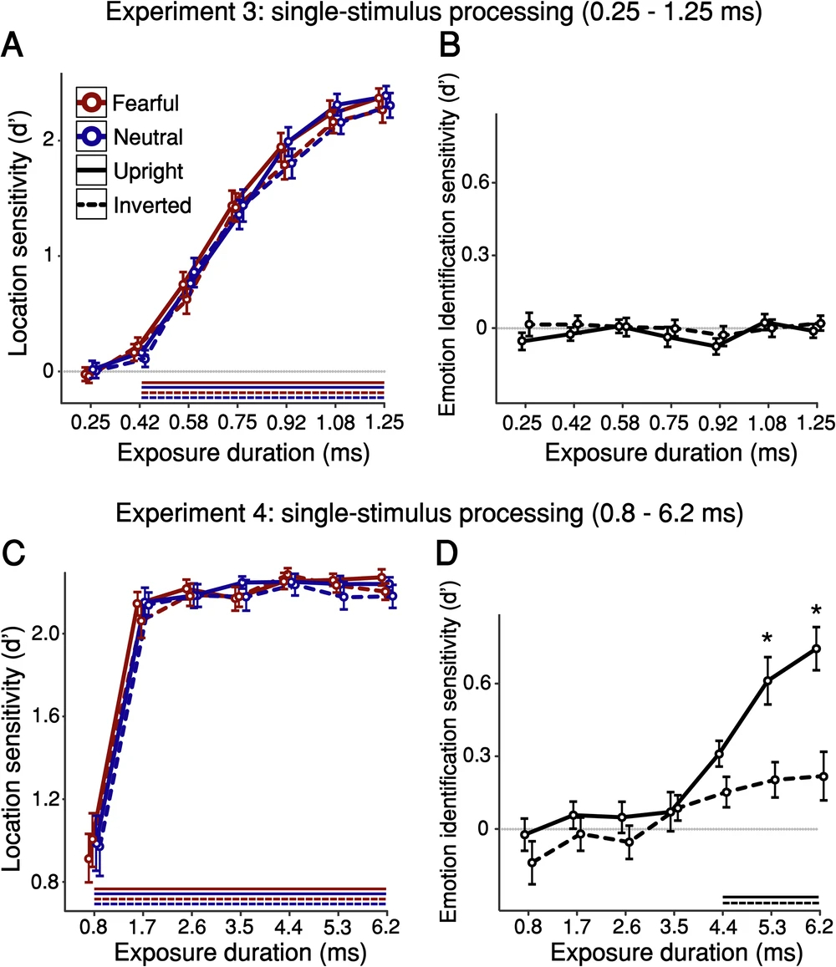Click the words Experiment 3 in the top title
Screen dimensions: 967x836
185,14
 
